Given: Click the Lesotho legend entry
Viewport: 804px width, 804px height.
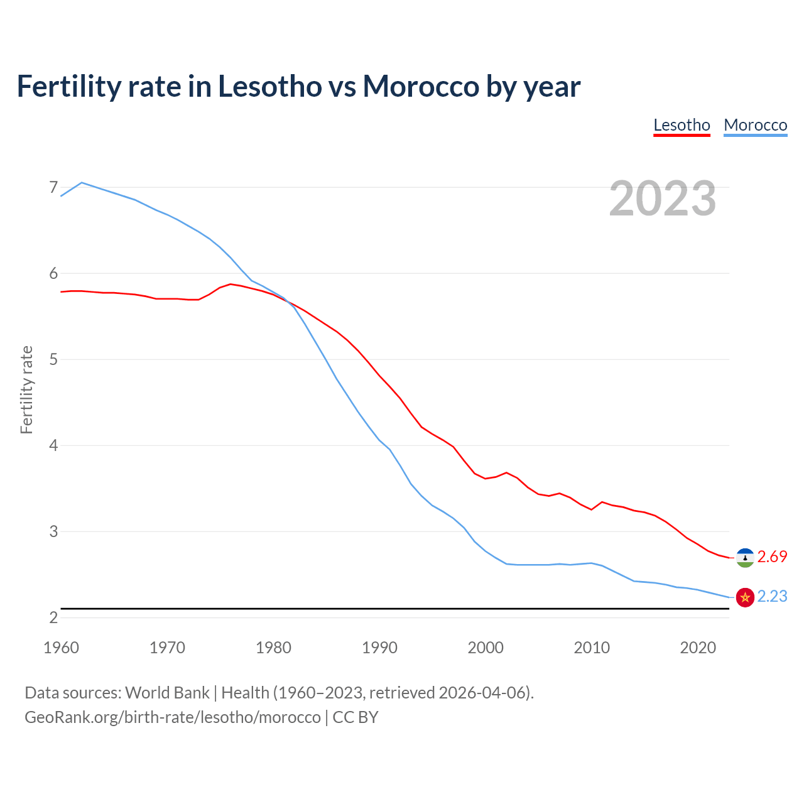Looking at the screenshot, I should pyautogui.click(x=682, y=125).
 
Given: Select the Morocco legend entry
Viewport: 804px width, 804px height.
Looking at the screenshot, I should pyautogui.click(x=755, y=125).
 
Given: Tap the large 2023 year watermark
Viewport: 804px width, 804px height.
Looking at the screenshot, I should pyautogui.click(x=662, y=198).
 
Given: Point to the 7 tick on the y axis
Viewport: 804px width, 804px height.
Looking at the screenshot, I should pyautogui.click(x=53, y=187).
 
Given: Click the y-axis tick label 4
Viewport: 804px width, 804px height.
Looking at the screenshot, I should pyautogui.click(x=53, y=445).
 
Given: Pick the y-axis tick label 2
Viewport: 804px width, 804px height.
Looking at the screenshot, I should pyautogui.click(x=53, y=617).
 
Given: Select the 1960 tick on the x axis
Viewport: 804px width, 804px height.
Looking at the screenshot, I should pyautogui.click(x=61, y=648).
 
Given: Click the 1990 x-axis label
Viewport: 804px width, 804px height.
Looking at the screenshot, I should pyautogui.click(x=379, y=648).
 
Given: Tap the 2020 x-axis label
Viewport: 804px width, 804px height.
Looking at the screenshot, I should pyautogui.click(x=698, y=648).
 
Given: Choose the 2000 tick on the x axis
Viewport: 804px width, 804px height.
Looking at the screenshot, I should pyautogui.click(x=486, y=648).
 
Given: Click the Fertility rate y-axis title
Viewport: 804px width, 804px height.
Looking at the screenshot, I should pyautogui.click(x=26, y=389).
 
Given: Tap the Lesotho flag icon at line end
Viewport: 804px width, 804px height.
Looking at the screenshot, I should pyautogui.click(x=745, y=557).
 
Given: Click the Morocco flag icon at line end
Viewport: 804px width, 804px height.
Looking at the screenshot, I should pyautogui.click(x=745, y=597).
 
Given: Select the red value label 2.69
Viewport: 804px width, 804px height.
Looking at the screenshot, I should pyautogui.click(x=772, y=557).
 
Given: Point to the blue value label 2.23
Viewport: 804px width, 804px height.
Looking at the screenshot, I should pyautogui.click(x=772, y=597).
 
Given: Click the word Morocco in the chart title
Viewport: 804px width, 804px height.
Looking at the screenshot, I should pyautogui.click(x=421, y=86).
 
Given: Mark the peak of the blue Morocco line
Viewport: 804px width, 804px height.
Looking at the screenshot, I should pyautogui.click(x=82, y=183).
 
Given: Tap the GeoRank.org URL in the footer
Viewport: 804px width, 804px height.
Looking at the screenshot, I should pyautogui.click(x=172, y=717).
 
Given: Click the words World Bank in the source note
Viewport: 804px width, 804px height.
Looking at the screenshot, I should pyautogui.click(x=167, y=693).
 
